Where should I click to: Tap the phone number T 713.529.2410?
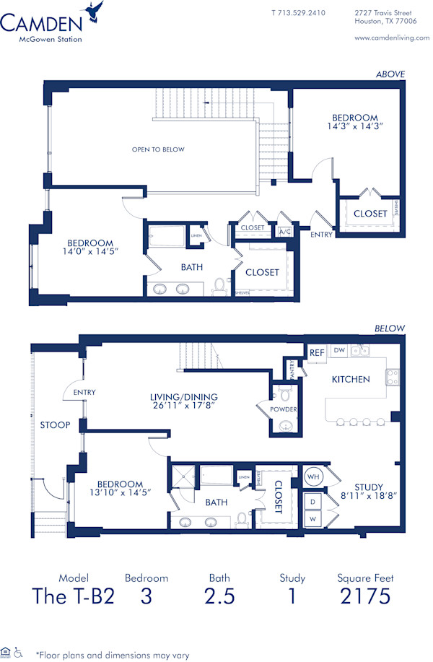click(x=298, y=13)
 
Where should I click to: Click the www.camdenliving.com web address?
click(x=392, y=38)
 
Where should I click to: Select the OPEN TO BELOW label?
click(x=158, y=149)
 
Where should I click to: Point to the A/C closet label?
click(x=284, y=232)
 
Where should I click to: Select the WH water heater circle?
click(x=311, y=477)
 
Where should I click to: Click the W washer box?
click(x=312, y=517)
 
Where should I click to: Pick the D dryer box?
click(x=312, y=500)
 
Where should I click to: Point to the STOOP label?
click(x=55, y=425)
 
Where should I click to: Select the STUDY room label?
click(x=369, y=487)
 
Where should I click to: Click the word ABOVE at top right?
click(x=390, y=74)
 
